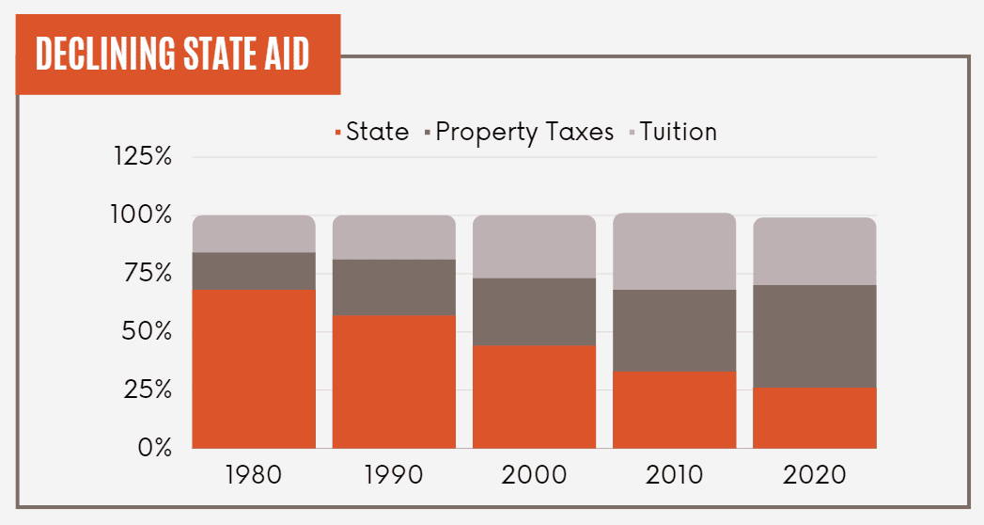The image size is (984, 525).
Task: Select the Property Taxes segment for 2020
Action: tap(815, 336)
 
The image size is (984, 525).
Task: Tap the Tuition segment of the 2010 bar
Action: tap(675, 251)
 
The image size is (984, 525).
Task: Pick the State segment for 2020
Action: tap(815, 418)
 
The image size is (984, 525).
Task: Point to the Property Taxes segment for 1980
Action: tap(254, 271)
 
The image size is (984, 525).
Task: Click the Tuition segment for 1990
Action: tap(394, 237)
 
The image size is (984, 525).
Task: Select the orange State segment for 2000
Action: tap(534, 397)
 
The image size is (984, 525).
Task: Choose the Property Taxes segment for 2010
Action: tap(675, 330)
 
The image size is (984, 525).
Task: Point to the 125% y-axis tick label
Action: tap(142, 157)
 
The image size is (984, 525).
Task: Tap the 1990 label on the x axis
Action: tap(394, 474)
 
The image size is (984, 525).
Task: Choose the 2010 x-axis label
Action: tap(675, 474)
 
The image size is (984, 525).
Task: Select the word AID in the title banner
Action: tap(286, 56)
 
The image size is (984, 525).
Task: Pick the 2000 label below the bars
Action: tap(534, 474)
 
